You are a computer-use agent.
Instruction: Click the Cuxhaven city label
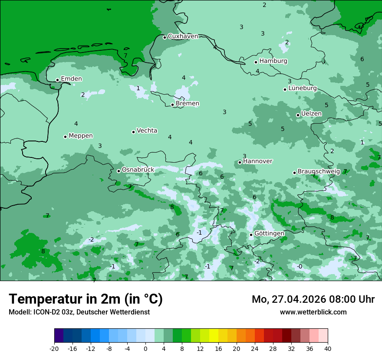point(183,36)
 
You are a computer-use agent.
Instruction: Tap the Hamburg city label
point(273,61)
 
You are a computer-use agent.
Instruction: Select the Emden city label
point(71,79)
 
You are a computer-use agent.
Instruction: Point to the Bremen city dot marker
point(172,105)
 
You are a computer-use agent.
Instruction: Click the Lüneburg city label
point(303,88)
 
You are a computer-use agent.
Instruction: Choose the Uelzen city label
point(311,114)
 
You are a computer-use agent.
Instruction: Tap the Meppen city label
point(81,136)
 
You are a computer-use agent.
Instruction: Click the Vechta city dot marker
point(133,132)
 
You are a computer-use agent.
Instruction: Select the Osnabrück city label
point(138,170)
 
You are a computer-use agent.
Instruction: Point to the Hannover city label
point(257,161)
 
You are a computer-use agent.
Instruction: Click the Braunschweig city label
point(319,172)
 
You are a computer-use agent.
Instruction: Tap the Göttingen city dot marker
point(251,235)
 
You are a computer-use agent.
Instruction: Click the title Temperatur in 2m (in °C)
point(86,299)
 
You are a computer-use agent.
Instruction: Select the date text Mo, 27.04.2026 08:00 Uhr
point(313,299)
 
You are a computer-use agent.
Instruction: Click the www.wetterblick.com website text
point(313,312)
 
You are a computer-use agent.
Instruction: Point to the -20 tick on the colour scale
point(54,349)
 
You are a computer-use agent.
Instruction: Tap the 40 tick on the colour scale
point(328,349)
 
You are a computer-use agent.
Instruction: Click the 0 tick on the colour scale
point(145,349)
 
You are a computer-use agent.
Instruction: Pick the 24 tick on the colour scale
point(255,349)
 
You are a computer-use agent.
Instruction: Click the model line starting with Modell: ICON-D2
point(79,312)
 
